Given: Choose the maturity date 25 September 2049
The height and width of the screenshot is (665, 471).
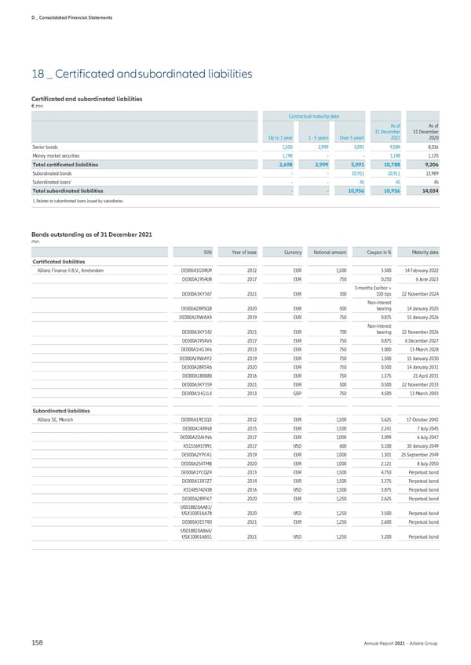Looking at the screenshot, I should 414,455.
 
